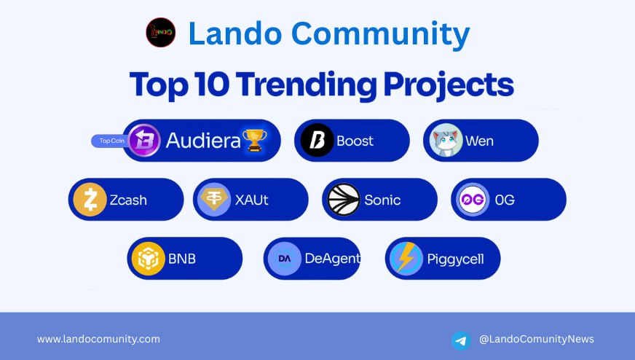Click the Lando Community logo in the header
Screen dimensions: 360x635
point(160,33)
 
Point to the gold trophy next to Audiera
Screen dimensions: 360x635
point(254,140)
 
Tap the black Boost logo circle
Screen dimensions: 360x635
point(316,141)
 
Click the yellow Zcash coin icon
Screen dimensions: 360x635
point(90,200)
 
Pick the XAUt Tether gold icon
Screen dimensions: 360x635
point(213,200)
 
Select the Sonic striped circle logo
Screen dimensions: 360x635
point(343,200)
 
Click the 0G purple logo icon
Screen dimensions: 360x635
point(472,200)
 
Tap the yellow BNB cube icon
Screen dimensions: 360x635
point(148,259)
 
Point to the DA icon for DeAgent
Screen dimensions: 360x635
point(284,259)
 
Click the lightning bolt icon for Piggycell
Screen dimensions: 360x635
point(406,259)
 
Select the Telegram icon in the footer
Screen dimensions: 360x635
point(461,340)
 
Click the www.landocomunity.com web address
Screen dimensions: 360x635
point(98,339)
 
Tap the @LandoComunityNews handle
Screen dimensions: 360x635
point(537,339)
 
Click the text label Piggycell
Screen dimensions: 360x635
point(456,259)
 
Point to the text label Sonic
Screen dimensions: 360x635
point(382,200)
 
